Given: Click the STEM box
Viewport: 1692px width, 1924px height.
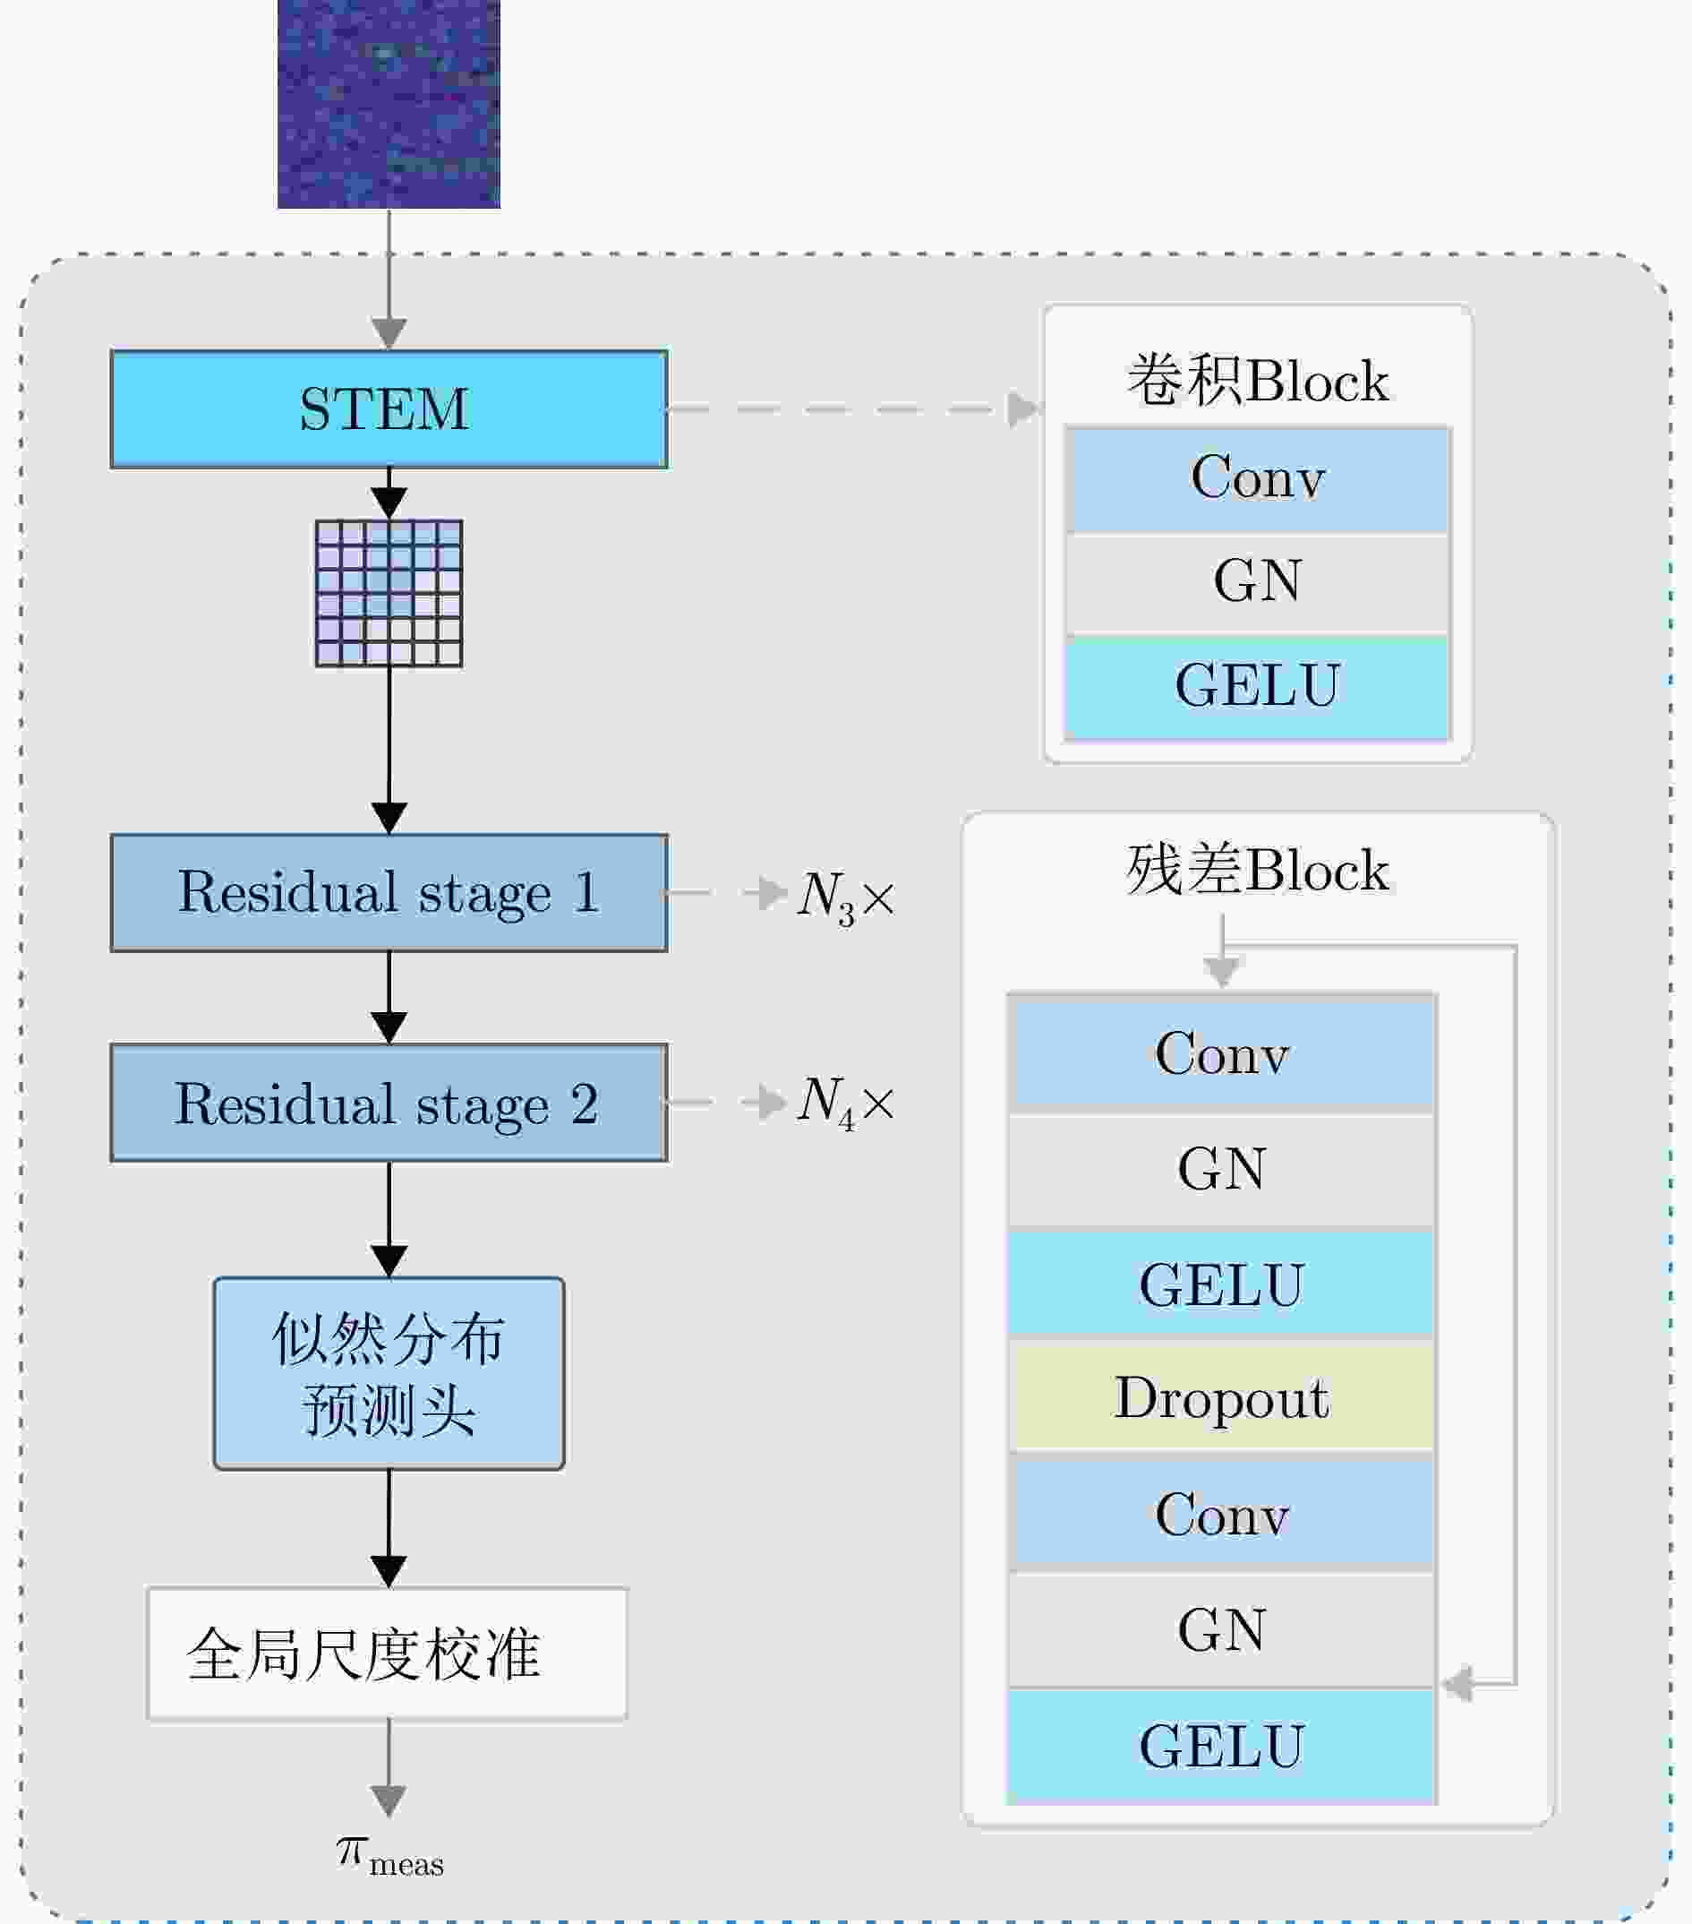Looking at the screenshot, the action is click(389, 409).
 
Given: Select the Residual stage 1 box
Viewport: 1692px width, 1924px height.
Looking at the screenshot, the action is click(389, 892).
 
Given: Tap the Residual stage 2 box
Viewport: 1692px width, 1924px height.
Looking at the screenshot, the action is click(389, 1103).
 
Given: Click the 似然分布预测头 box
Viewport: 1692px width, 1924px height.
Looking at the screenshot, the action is click(389, 1373).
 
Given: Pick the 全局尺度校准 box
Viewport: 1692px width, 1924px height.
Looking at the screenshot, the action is click(387, 1653).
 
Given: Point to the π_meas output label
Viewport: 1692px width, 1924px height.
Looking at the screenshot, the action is click(389, 1856).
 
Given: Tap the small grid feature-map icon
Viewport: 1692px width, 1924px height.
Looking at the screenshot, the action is click(389, 593).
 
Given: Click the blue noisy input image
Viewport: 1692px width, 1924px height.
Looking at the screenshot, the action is click(389, 104).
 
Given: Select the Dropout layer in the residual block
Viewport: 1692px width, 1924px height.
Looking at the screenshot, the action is click(1221, 1397).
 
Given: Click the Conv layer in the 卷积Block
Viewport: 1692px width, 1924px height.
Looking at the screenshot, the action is click(1257, 478).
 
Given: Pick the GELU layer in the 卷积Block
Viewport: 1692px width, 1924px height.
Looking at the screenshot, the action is click(1257, 686).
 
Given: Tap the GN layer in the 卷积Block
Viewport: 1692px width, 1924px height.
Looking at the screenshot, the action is click(1257, 582).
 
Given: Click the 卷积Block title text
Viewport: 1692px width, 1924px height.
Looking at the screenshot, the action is click(1257, 381).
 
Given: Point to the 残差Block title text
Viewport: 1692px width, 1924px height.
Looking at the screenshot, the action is click(1257, 869).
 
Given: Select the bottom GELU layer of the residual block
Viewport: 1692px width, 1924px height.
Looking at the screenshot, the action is click(1221, 1746).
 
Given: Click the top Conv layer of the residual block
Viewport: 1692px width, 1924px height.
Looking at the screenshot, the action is click(1221, 1052).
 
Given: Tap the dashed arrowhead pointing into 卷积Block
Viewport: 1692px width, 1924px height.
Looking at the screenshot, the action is click(1024, 409).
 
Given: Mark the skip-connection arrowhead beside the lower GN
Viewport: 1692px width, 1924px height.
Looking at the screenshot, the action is click(1457, 1684).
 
